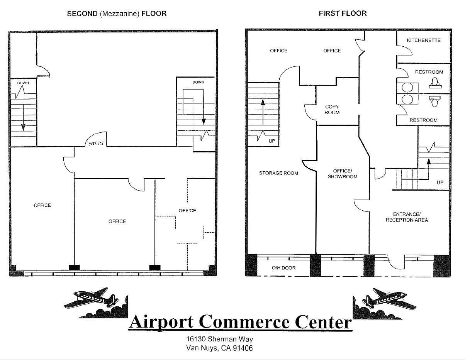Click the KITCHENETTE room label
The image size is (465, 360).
click(424, 41)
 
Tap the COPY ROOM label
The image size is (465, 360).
click(332, 110)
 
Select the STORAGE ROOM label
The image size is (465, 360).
click(278, 173)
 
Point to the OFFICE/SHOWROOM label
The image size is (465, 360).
click(343, 174)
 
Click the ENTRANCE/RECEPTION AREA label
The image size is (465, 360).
click(406, 217)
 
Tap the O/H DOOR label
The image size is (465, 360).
click(284, 268)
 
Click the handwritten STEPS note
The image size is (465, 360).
click(96, 143)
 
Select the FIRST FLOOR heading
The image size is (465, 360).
click(343, 14)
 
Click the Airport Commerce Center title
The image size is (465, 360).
click(240, 322)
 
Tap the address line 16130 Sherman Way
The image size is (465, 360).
click(219, 340)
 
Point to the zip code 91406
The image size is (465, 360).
click(244, 348)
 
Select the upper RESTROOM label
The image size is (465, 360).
click(429, 72)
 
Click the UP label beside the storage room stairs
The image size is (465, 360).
click(272, 141)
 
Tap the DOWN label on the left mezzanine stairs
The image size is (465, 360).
click(22, 83)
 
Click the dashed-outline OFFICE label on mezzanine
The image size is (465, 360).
click(187, 211)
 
